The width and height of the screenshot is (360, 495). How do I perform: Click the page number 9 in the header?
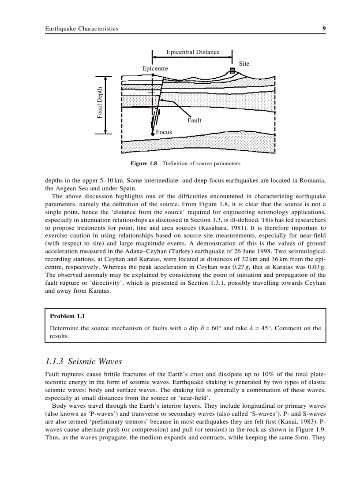[x=324, y=29]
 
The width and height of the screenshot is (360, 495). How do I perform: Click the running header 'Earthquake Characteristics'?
[x=82, y=29]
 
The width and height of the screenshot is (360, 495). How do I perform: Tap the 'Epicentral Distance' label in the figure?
[x=193, y=52]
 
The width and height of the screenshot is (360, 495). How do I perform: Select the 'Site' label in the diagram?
[x=244, y=63]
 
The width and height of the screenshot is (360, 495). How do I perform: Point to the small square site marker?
[x=232, y=71]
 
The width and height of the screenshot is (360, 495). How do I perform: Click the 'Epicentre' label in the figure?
[x=155, y=69]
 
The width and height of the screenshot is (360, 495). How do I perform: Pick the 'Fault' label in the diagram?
[x=194, y=120]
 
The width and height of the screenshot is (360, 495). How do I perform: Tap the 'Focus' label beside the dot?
[x=164, y=132]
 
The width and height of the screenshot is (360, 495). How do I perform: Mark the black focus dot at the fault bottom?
[x=153, y=133]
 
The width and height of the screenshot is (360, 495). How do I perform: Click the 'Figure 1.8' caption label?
[x=144, y=164]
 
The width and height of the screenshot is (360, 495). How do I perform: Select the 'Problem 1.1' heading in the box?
[x=67, y=316]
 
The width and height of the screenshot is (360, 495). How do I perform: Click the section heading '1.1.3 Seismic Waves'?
[x=83, y=361]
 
